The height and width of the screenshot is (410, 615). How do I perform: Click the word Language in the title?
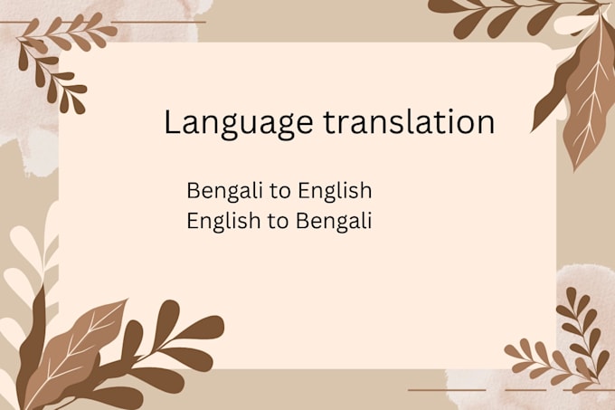238,124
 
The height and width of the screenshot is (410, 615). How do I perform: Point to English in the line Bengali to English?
334,192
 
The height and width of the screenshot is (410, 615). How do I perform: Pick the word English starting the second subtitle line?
223,221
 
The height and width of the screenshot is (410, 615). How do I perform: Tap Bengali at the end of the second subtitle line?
334,221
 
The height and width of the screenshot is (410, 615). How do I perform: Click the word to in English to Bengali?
279,221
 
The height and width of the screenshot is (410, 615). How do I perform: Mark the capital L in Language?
172,121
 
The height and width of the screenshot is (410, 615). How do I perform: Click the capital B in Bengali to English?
193,191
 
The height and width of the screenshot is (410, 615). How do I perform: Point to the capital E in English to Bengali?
192,221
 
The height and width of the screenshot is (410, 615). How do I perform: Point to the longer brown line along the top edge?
158,22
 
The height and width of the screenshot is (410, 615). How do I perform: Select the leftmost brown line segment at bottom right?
447,390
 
